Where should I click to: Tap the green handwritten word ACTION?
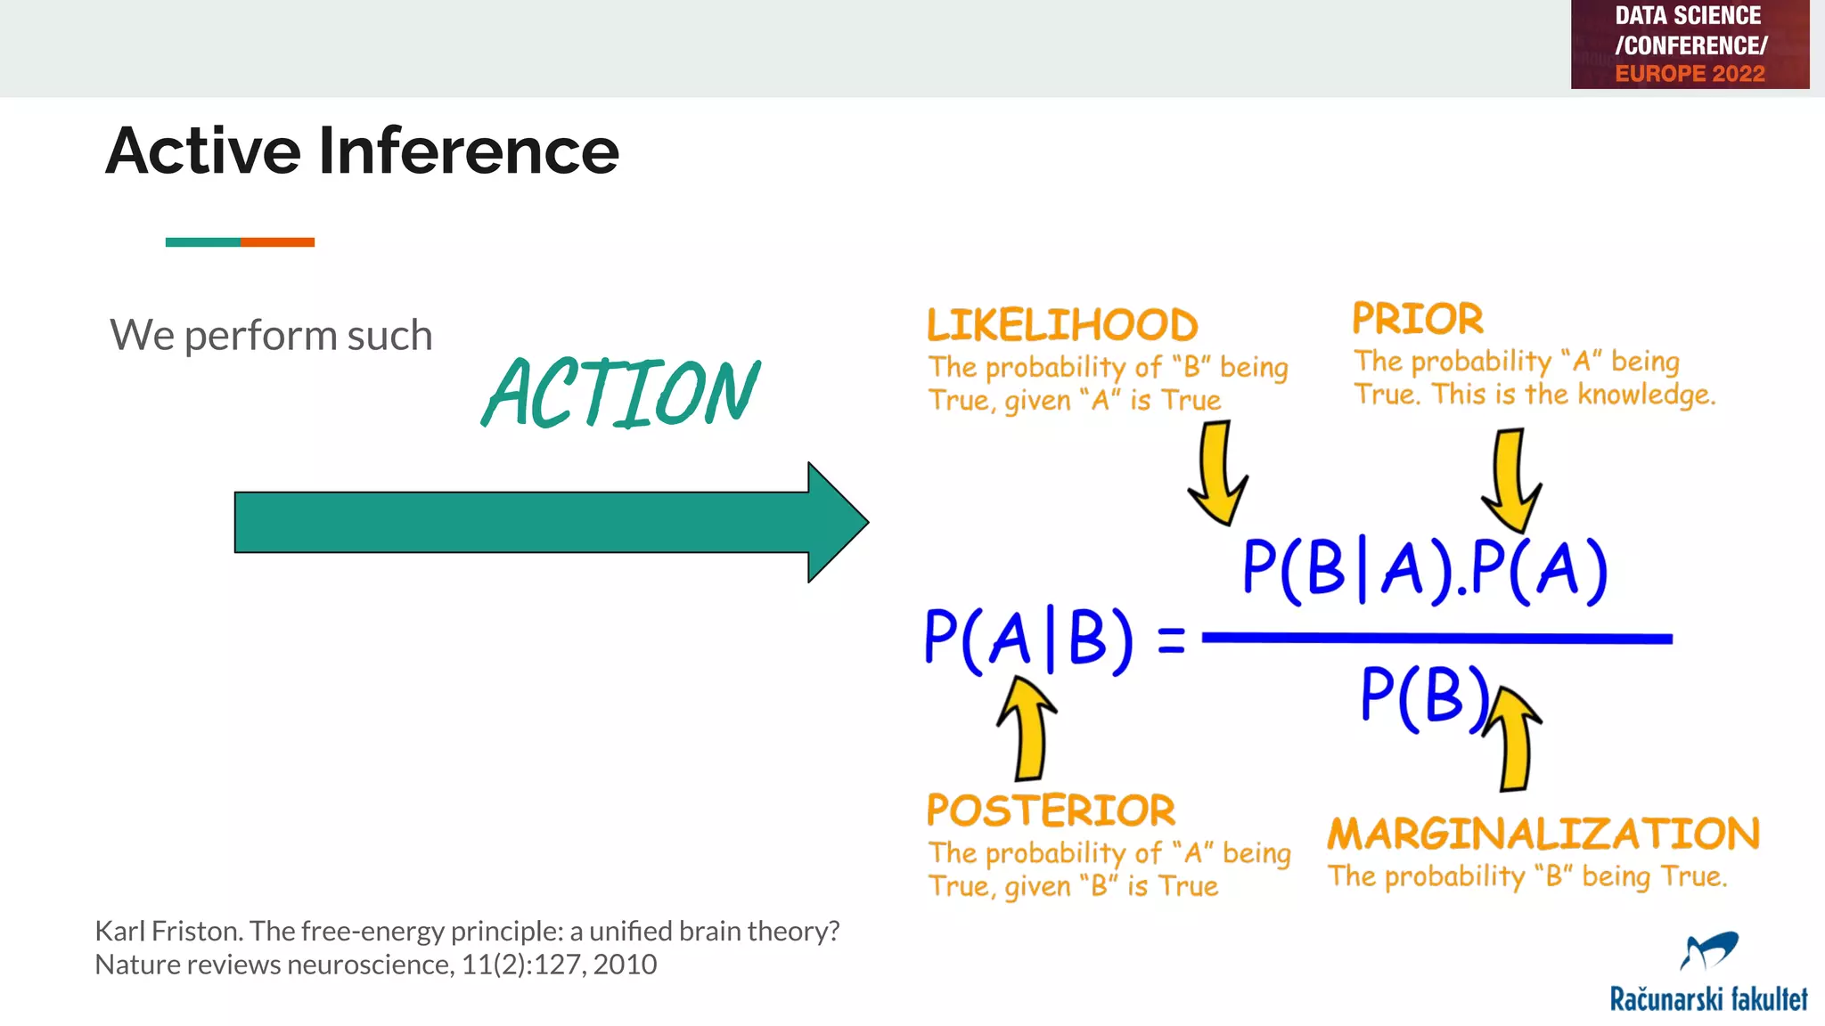coord(620,393)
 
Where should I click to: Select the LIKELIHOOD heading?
coord(1062,325)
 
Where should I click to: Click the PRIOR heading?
coord(1417,319)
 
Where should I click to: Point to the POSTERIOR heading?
coord(1051,810)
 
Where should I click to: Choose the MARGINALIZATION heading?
coord(1543,835)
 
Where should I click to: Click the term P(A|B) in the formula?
coord(1028,639)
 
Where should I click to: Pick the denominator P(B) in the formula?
coord(1424,696)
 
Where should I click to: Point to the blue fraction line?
coord(1436,638)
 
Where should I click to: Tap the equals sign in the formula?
coord(1171,639)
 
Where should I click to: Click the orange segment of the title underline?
coord(277,242)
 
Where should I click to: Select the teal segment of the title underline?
coord(202,242)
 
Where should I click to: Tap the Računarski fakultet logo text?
coord(1707,998)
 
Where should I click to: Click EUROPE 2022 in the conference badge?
coord(1690,74)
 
